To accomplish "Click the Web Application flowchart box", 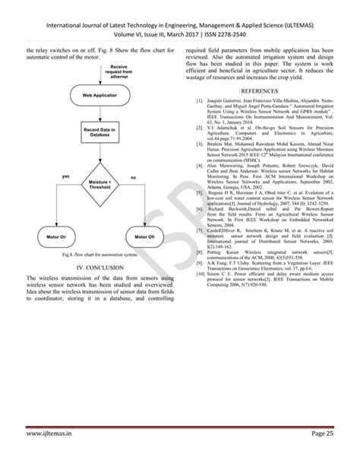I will point(99,95).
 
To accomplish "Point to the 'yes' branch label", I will point(66,176).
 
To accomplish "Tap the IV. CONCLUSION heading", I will point(99,269).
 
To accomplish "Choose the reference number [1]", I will point(199,100).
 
